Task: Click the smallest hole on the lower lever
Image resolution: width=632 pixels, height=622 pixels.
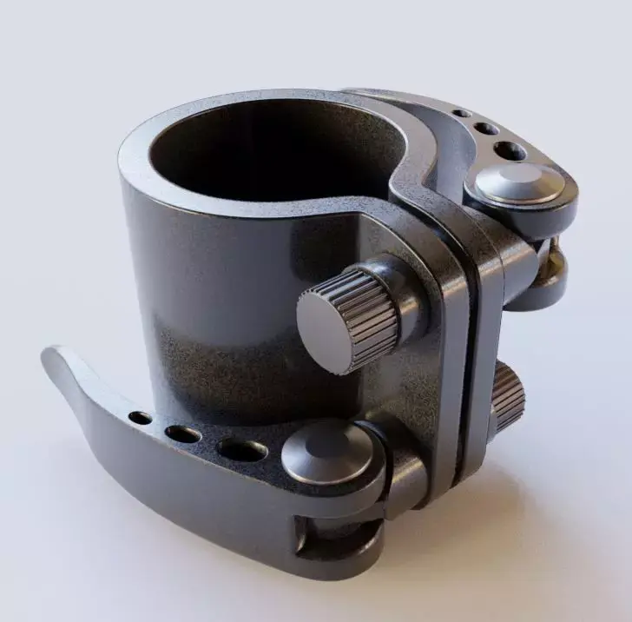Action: pos(140,419)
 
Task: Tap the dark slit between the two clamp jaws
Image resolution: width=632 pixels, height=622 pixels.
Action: pos(473,347)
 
